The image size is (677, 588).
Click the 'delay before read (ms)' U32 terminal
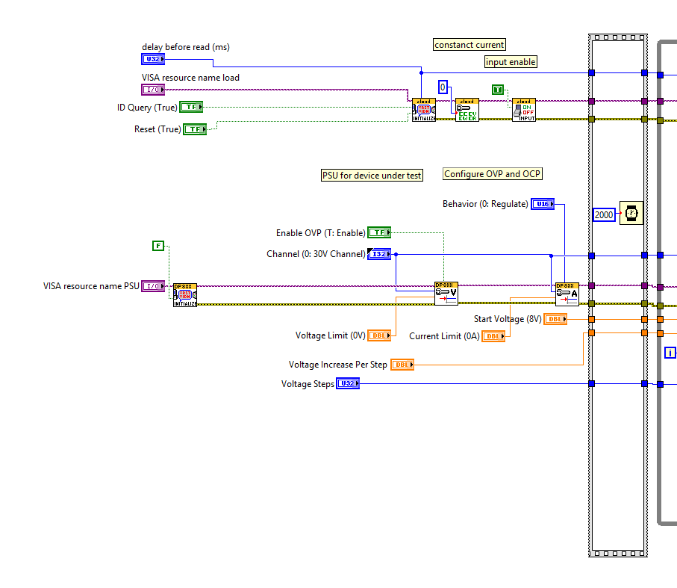(x=152, y=58)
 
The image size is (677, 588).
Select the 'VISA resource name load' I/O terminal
(x=152, y=90)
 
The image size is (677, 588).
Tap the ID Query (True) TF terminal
(x=191, y=107)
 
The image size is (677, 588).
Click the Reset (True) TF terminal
(x=194, y=129)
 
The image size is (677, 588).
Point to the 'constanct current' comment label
(x=469, y=45)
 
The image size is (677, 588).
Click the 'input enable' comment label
(x=511, y=62)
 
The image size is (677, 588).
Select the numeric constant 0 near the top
(x=443, y=87)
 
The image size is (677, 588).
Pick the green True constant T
(x=498, y=90)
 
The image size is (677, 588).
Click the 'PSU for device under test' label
(x=372, y=176)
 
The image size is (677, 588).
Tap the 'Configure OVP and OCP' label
(x=493, y=174)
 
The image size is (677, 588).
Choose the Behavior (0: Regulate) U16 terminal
(x=543, y=204)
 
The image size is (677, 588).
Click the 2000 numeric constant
(x=604, y=214)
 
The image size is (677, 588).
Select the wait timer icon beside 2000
(x=631, y=214)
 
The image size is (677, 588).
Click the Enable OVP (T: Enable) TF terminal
(x=378, y=232)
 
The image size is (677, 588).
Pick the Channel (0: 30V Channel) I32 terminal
(x=378, y=254)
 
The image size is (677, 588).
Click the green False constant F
(x=158, y=245)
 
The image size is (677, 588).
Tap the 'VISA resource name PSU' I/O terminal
(x=152, y=286)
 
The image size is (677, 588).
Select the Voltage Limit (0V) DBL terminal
(x=380, y=335)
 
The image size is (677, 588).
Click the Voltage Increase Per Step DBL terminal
(x=402, y=365)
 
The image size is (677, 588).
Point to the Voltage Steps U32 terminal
(x=347, y=384)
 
